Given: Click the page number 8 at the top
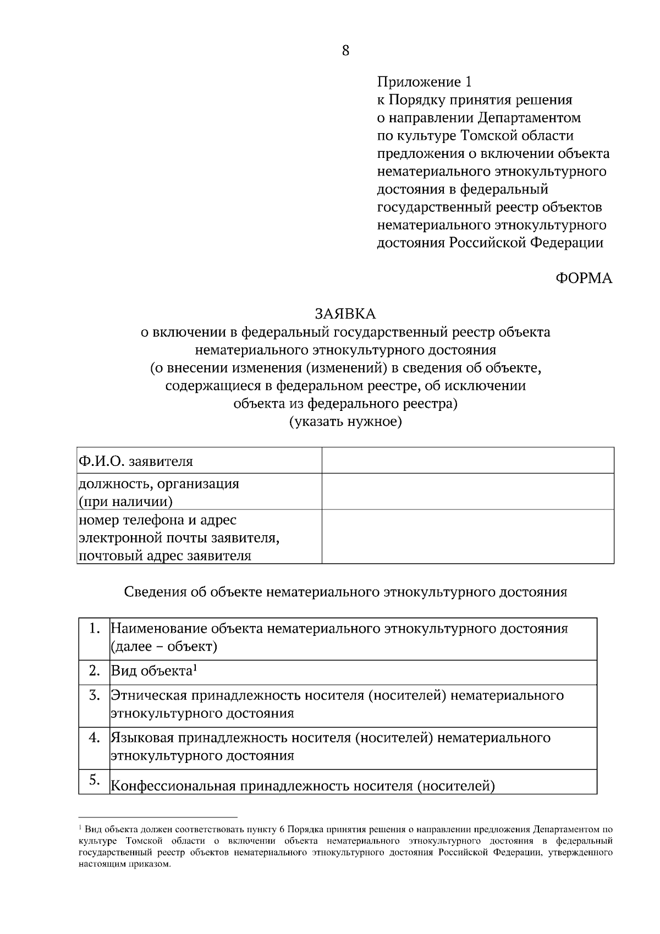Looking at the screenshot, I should click(345, 51).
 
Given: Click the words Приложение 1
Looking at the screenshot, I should click(424, 82).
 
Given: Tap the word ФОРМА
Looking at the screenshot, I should click(584, 278).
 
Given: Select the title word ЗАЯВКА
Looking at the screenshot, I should click(345, 314).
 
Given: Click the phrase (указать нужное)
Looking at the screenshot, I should click(345, 422).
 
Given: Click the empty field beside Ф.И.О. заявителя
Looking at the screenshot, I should click(468, 460).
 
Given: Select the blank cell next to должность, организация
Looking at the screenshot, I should click(468, 491).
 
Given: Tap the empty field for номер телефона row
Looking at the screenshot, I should click(468, 536).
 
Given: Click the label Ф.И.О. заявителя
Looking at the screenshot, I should click(136, 461).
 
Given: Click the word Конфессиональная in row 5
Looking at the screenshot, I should click(174, 786).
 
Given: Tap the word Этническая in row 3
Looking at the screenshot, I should click(149, 695).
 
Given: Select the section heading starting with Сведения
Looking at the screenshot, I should click(345, 592).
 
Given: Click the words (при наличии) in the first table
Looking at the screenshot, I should click(125, 501).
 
